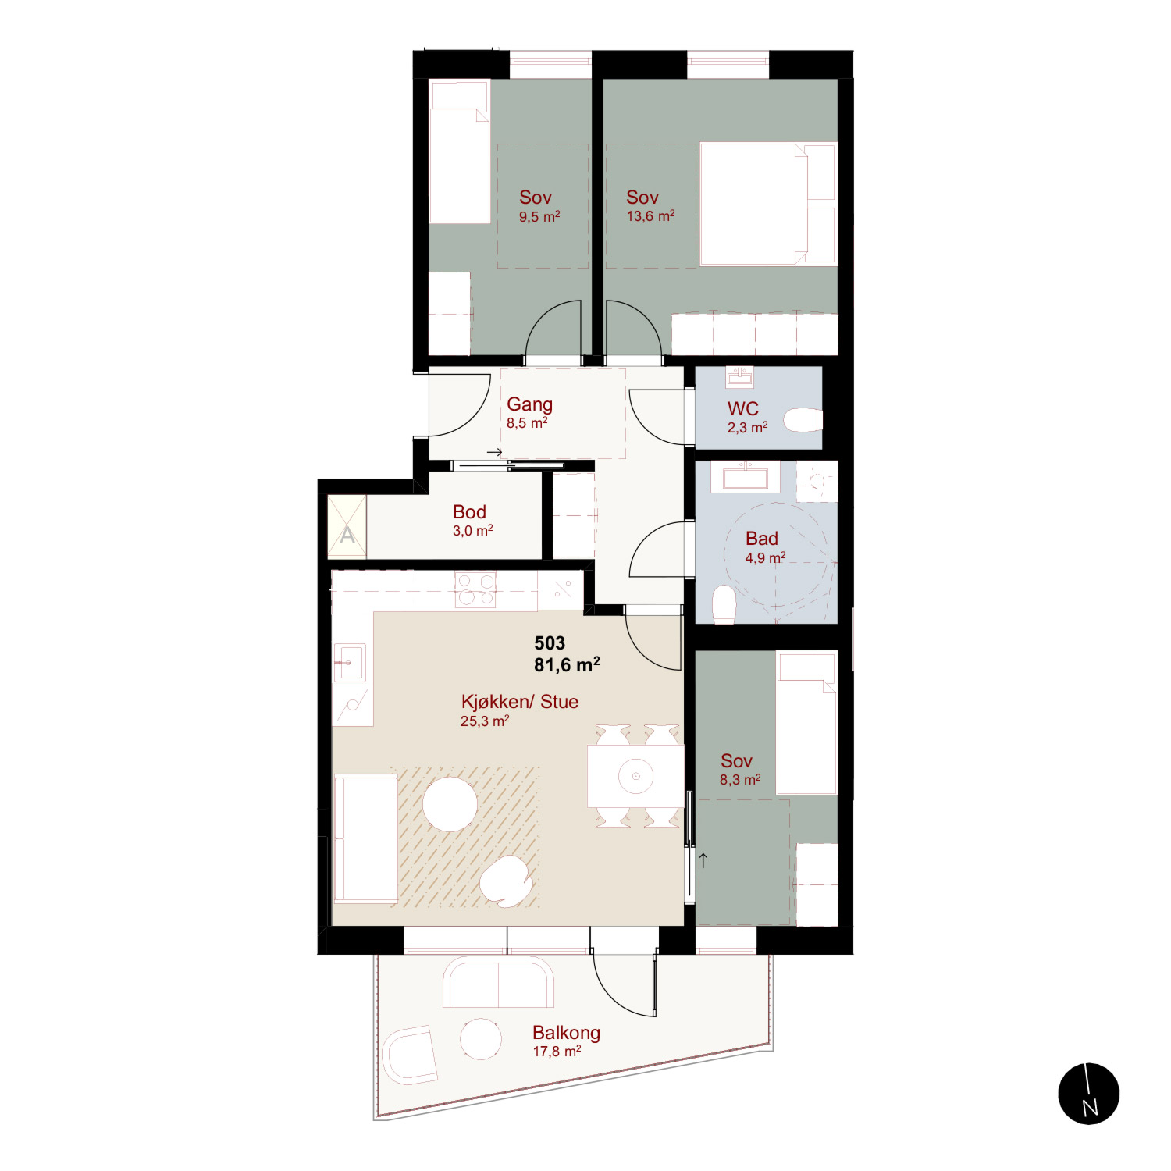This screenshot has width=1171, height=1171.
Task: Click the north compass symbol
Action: point(1088,1094)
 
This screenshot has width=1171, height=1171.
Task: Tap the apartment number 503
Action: point(550,643)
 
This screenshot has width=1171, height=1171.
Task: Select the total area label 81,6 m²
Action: point(567,665)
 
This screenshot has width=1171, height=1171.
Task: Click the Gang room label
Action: point(529,404)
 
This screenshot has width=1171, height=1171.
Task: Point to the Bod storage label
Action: point(469,512)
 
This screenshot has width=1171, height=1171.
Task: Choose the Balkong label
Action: point(566,1033)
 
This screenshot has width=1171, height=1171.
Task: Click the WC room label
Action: point(742,408)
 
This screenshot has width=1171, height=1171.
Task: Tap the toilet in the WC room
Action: point(803,420)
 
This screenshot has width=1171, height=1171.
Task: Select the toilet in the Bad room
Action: point(724,605)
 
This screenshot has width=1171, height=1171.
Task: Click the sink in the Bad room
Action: point(745,475)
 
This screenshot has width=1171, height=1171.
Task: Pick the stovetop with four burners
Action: point(475,590)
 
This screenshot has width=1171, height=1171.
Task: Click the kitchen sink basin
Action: point(350,662)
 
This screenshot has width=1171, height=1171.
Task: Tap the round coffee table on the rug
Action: point(450,804)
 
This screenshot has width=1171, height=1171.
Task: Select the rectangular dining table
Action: point(635,776)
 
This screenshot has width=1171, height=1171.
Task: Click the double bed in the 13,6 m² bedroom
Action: point(769,204)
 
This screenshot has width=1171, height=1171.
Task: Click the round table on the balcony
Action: point(481,1039)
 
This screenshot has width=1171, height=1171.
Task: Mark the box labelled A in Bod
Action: point(347,527)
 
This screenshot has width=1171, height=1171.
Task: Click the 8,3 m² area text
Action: point(740,780)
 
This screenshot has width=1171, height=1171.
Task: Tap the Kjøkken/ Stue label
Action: point(520,702)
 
